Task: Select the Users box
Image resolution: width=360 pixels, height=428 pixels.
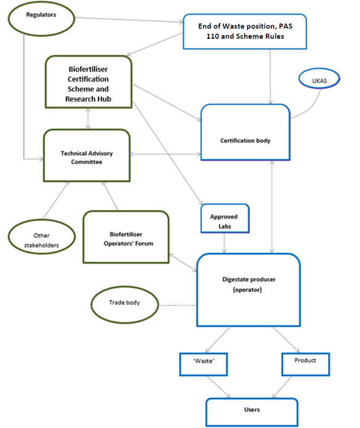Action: pyautogui.click(x=250, y=410)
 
